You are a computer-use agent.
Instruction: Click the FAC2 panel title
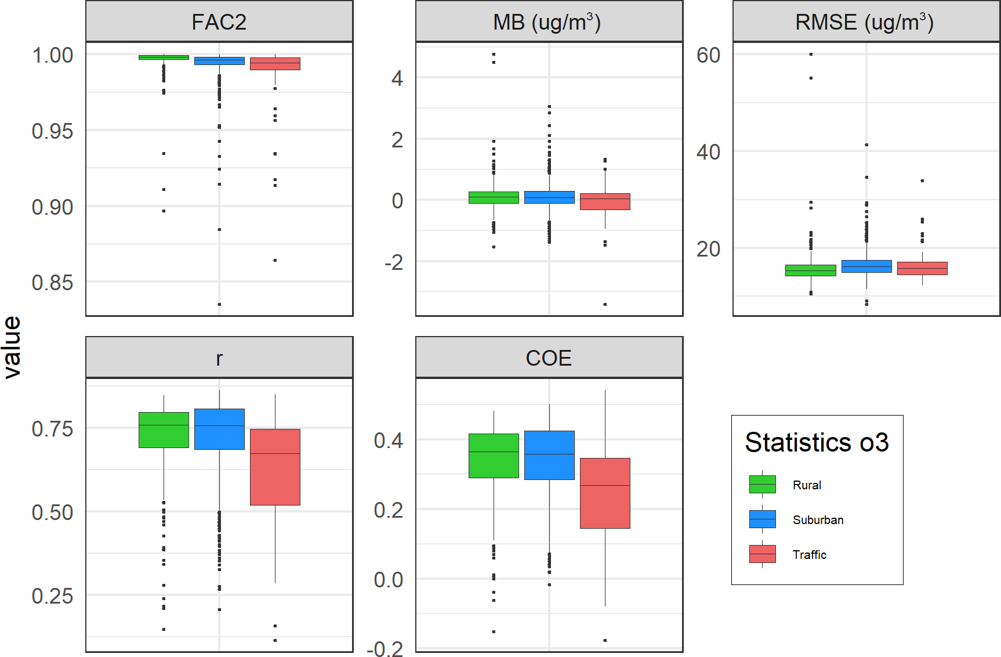click(219, 22)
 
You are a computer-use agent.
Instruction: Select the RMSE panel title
click(864, 22)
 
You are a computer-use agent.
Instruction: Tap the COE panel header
click(549, 358)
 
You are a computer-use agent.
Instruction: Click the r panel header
click(219, 358)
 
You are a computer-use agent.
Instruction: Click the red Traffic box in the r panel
click(275, 467)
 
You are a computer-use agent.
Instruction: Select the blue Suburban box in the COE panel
click(549, 455)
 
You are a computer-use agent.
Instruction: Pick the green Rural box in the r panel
click(164, 430)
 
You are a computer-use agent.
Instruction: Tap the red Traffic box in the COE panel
click(605, 493)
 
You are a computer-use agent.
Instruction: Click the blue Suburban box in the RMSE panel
click(866, 266)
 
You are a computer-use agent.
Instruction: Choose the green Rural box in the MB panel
click(494, 197)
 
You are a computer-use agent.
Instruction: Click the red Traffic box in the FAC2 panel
click(275, 64)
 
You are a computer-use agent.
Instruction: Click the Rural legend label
click(807, 485)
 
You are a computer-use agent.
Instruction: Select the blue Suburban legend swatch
click(762, 519)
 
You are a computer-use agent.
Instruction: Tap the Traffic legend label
click(809, 555)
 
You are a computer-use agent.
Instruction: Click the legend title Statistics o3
click(817, 442)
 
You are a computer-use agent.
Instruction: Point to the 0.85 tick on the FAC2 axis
click(52, 283)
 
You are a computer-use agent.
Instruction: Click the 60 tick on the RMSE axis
click(708, 55)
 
